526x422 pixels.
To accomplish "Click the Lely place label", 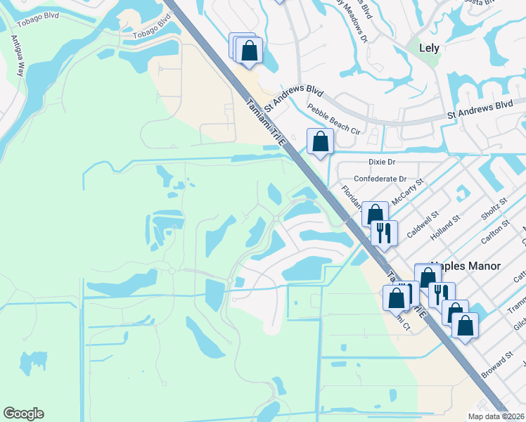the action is click(428, 49).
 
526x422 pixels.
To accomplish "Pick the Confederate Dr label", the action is click(380, 179).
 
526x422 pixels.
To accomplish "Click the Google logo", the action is click(23, 414).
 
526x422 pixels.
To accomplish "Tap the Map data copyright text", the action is click(496, 416).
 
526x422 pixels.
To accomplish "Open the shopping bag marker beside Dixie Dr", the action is click(320, 141).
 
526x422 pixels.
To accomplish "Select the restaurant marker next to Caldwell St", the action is click(384, 233).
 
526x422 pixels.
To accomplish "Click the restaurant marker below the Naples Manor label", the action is click(440, 294).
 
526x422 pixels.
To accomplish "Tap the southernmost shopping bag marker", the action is click(464, 325).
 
